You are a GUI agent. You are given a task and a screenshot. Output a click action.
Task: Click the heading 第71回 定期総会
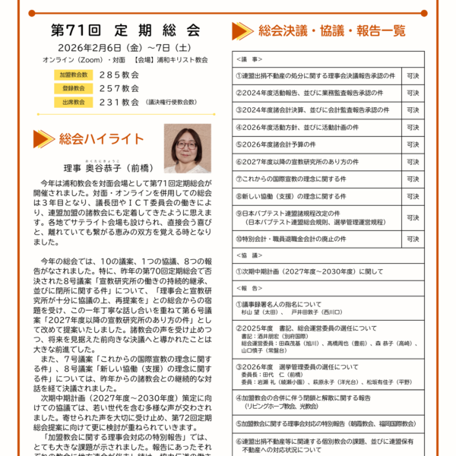click(x=125, y=31)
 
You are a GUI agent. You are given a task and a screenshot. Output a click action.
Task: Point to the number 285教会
click(x=119, y=75)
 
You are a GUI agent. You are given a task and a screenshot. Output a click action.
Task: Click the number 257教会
click(x=119, y=88)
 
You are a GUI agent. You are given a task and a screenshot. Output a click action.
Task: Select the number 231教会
click(x=119, y=101)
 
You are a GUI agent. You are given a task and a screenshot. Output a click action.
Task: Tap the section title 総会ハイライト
click(x=100, y=138)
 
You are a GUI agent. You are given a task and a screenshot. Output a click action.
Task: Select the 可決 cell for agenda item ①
click(x=413, y=76)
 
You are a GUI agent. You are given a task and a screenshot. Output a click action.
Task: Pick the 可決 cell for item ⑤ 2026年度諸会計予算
click(x=413, y=144)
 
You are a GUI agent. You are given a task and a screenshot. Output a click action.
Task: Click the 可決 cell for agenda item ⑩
click(x=413, y=239)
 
